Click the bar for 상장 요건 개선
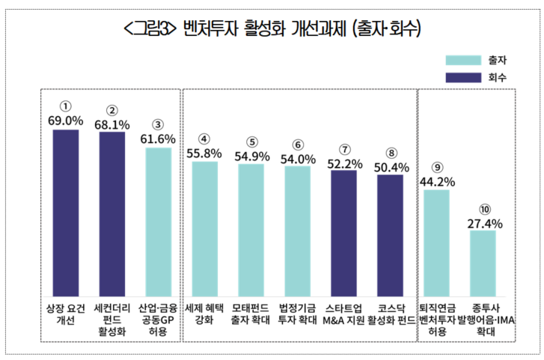click(x=65, y=213)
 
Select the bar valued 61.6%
click(x=158, y=222)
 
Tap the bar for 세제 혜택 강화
click(x=204, y=228)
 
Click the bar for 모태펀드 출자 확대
click(x=251, y=230)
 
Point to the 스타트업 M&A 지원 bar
click(x=343, y=233)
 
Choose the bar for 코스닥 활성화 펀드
click(x=390, y=235)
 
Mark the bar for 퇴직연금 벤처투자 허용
click(x=436, y=242)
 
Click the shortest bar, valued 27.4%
click(x=483, y=263)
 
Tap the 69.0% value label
click(x=65, y=120)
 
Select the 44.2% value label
click(x=436, y=180)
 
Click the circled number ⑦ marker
click(x=343, y=149)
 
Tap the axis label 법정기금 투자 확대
click(x=297, y=313)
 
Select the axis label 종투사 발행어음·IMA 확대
click(x=484, y=319)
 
